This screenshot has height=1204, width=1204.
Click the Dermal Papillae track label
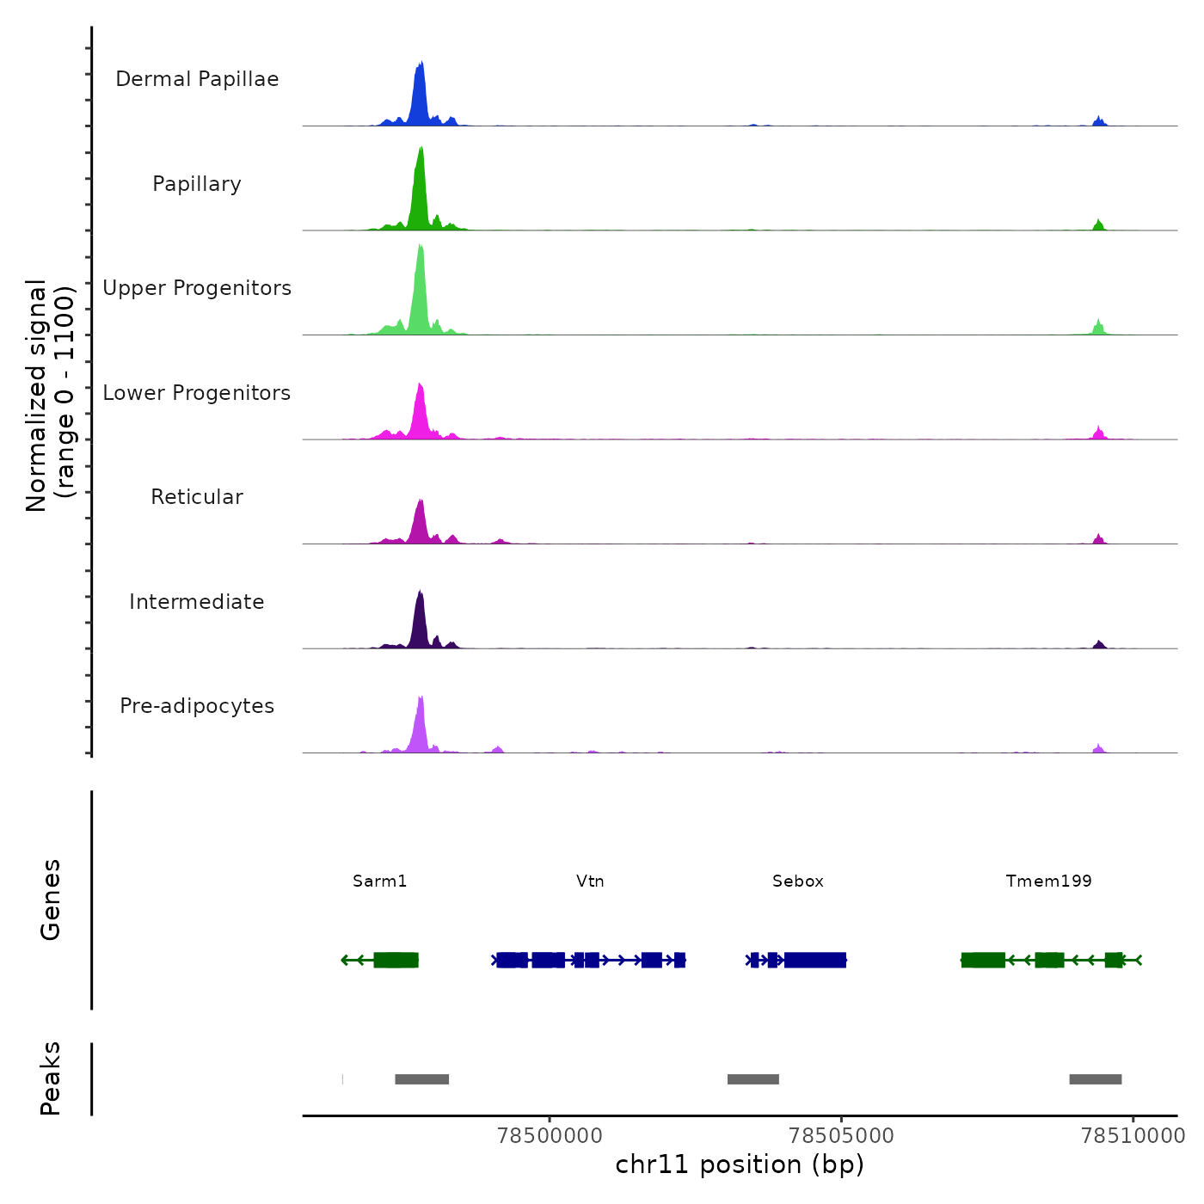click(197, 79)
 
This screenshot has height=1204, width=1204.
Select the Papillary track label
click(197, 184)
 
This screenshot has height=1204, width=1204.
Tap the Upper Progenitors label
click(197, 288)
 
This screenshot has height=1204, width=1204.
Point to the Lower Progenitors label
click(197, 393)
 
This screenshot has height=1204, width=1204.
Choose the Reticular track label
click(197, 497)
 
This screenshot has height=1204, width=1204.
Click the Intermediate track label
click(197, 602)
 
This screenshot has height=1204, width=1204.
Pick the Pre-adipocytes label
click(197, 706)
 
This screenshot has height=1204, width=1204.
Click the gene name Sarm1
click(379, 881)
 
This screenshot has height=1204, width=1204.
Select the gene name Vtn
click(590, 881)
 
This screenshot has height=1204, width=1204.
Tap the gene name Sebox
click(798, 881)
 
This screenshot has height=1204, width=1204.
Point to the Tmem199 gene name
click(1048, 881)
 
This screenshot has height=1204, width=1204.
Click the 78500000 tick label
click(550, 1135)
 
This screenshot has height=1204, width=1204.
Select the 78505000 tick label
click(841, 1135)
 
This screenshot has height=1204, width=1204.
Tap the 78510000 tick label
click(1133, 1135)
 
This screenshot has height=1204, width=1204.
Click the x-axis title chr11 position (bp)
click(740, 1164)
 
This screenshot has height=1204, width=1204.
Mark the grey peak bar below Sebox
click(753, 1079)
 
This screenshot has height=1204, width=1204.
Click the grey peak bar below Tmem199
click(1096, 1079)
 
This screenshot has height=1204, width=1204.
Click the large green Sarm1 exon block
click(396, 960)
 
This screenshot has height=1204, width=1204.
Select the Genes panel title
click(51, 900)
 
